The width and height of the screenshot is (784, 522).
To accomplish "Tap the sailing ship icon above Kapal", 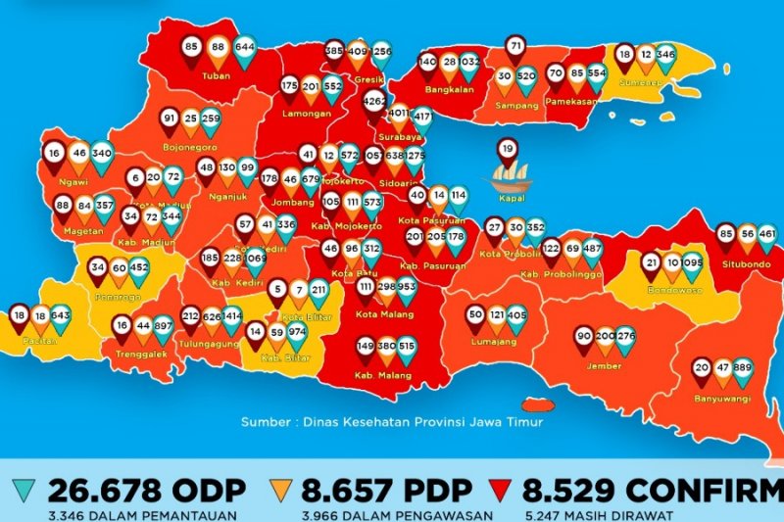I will (510, 178).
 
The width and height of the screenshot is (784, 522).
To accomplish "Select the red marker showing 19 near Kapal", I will (507, 150).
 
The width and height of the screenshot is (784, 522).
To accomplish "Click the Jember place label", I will (604, 365).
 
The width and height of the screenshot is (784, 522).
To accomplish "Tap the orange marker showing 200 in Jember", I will (605, 338).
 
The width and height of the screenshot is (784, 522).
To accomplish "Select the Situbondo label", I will (748, 264).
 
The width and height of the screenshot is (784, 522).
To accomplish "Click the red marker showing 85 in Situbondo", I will (725, 235).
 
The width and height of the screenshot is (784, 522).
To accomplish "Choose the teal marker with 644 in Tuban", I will (244, 48).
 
